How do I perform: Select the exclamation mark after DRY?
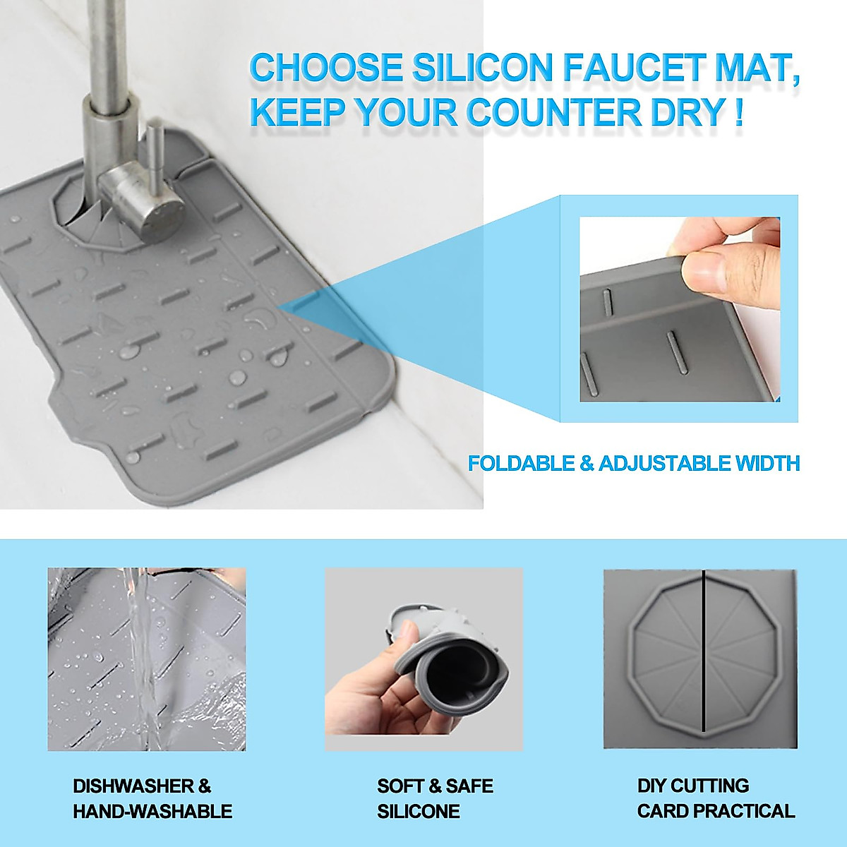pos(738,113)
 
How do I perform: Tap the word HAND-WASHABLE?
pos(152,811)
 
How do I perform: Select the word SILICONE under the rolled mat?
pos(418,811)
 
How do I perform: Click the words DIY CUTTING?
pos(692,786)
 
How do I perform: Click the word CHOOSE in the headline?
pos(325,68)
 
